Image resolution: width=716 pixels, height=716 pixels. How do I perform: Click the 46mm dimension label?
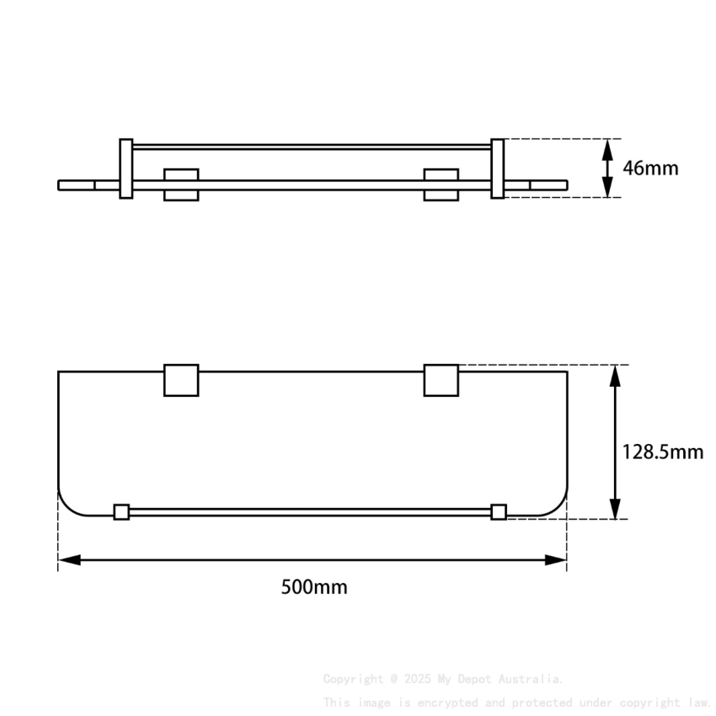click(650, 168)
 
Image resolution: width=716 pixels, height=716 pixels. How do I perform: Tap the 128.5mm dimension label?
click(662, 452)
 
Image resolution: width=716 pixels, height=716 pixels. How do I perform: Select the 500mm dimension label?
click(313, 587)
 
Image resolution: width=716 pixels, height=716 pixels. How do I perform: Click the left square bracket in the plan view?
click(181, 380)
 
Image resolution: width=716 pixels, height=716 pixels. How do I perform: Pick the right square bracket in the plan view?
click(441, 380)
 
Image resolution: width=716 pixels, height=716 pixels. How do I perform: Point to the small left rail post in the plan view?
click(121, 511)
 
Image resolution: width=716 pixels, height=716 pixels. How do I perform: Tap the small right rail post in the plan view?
click(499, 511)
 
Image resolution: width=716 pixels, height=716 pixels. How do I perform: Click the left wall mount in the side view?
click(181, 184)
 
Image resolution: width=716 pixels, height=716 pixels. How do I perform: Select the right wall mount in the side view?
click(441, 184)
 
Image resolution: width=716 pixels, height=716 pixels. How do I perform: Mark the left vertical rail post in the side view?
click(126, 168)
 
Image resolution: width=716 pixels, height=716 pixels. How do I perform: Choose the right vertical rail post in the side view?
click(497, 168)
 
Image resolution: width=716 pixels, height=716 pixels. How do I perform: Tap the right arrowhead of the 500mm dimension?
click(556, 559)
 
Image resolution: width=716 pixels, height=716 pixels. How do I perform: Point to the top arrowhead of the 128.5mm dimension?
click(616, 377)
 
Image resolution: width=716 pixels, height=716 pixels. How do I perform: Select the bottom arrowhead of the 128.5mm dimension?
click(616, 509)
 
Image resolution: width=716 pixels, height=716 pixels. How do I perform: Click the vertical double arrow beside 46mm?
click(607, 168)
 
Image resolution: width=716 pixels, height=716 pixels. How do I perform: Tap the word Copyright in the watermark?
click(352, 679)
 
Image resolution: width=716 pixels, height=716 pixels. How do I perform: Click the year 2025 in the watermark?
click(418, 679)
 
